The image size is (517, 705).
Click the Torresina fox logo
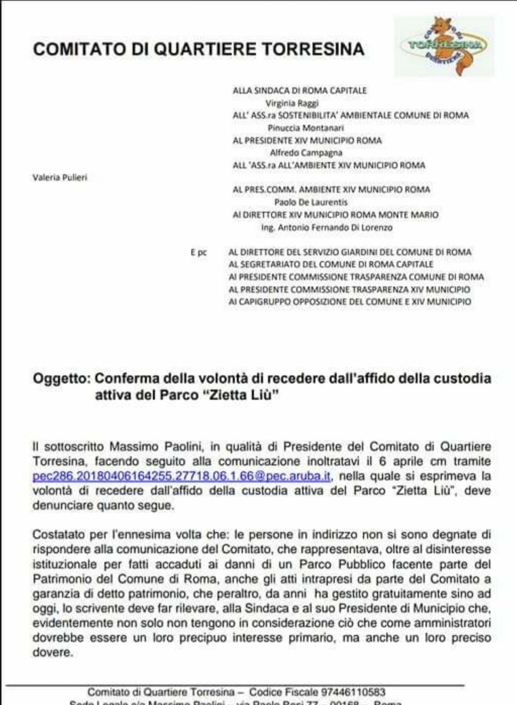point(444,45)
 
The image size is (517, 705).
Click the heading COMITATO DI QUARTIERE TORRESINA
point(198,49)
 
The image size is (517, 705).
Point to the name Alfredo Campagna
point(305,153)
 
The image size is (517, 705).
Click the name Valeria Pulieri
point(60,177)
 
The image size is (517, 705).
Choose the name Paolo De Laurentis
point(311,202)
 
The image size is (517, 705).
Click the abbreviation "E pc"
point(198,253)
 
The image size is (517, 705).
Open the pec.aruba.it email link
point(181,476)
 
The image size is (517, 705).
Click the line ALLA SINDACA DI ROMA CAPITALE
point(299,91)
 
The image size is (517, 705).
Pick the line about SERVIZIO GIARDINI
point(349,252)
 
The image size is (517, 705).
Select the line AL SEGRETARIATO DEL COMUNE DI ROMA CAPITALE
point(331,264)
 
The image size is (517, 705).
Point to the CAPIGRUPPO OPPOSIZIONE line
point(349,302)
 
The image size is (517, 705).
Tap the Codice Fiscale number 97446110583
point(352,692)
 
